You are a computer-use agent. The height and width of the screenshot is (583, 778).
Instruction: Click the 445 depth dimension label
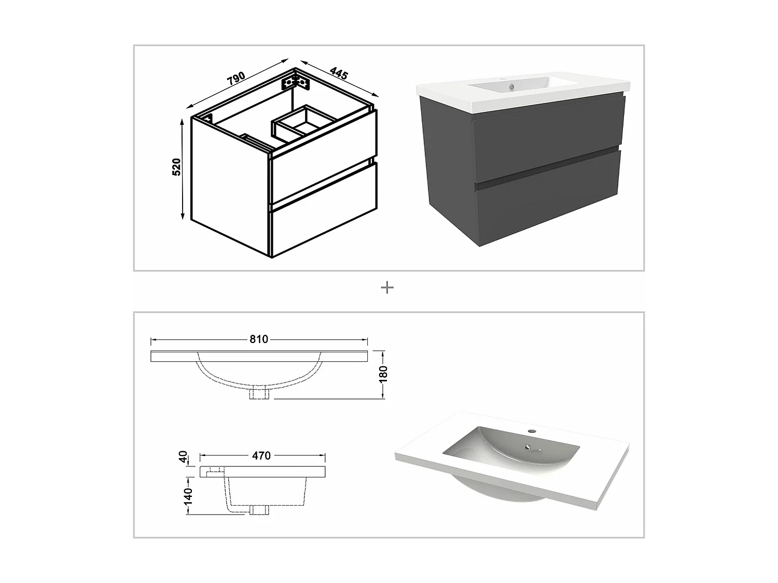(x=338, y=73)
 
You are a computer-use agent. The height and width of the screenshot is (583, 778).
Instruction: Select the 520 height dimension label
(x=176, y=167)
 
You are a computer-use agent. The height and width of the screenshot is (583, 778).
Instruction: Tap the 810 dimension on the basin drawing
(x=259, y=339)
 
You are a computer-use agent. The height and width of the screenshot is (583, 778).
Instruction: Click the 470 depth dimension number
(x=261, y=456)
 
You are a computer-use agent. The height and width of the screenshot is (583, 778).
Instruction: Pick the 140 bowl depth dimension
(x=187, y=495)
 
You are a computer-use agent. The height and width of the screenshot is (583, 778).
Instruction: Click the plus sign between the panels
(x=387, y=288)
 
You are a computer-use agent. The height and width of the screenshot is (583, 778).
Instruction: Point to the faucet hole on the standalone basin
(x=532, y=431)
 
